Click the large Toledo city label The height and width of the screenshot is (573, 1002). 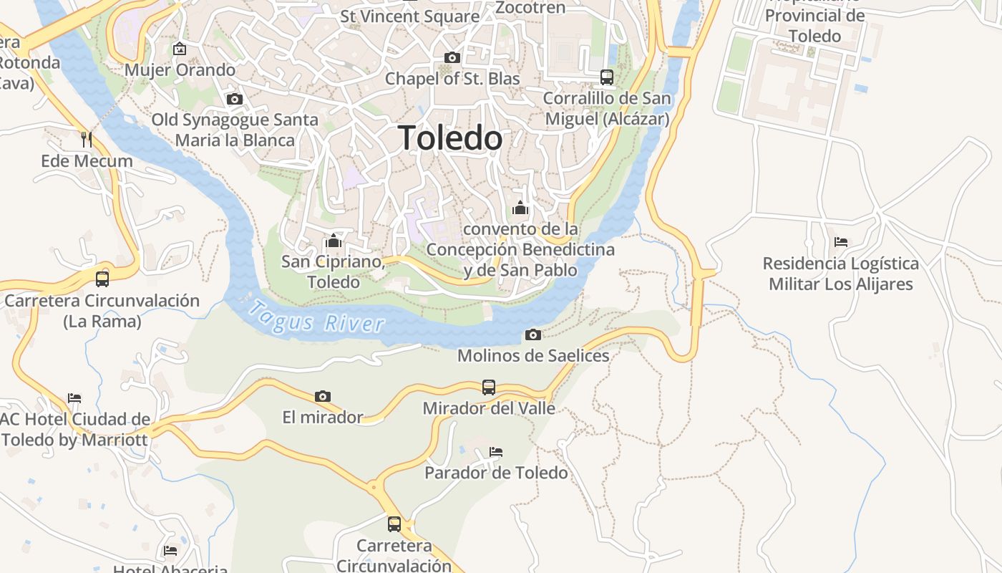pyautogui.click(x=450, y=138)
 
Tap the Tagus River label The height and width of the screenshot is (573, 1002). pyautogui.click(x=317, y=318)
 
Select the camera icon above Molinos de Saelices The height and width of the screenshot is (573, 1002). pyautogui.click(x=532, y=334)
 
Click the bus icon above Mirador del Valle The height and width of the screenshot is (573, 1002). pyautogui.click(x=489, y=387)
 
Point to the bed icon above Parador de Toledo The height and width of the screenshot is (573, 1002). pyautogui.click(x=496, y=452)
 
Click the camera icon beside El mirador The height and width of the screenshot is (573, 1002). pyautogui.click(x=323, y=396)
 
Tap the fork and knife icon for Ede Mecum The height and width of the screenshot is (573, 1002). pyautogui.click(x=87, y=140)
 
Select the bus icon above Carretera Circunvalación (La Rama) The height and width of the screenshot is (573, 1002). pyautogui.click(x=102, y=279)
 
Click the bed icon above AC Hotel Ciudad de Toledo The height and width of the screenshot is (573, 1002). pyautogui.click(x=74, y=398)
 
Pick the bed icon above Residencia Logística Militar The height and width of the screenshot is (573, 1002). pyautogui.click(x=841, y=242)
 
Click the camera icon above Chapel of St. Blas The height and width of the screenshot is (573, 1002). pyautogui.click(x=452, y=57)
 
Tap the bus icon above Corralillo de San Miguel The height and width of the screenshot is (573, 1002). pyautogui.click(x=607, y=77)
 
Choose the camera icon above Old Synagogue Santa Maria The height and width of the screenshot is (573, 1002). pyautogui.click(x=234, y=99)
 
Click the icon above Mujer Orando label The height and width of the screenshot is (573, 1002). pyautogui.click(x=180, y=49)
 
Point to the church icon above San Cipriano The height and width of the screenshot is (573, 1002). pyautogui.click(x=333, y=241)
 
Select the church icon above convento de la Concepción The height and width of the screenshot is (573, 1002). pyautogui.click(x=520, y=208)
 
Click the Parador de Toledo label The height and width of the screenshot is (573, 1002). pyautogui.click(x=496, y=473)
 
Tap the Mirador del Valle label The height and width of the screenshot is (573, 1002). pyautogui.click(x=489, y=408)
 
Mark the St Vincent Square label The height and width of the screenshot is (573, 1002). pyautogui.click(x=410, y=16)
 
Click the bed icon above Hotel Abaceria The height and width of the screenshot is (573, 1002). pyautogui.click(x=170, y=551)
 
